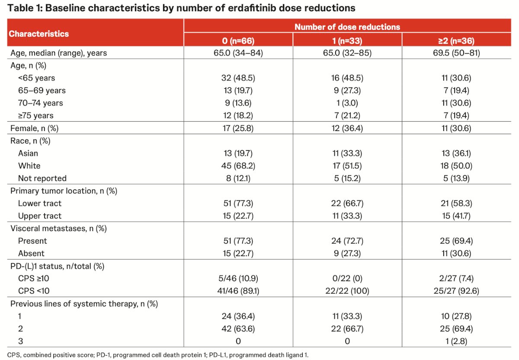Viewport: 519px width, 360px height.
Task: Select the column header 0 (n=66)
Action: click(238, 41)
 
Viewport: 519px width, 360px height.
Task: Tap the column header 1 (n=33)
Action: click(347, 41)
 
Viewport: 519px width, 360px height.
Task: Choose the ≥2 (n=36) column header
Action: click(456, 41)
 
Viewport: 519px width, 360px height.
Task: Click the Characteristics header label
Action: click(38, 34)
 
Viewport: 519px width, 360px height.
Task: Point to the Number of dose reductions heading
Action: click(347, 27)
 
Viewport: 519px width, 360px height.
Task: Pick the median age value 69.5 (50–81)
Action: click(456, 53)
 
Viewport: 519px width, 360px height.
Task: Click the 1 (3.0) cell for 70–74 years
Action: click(347, 103)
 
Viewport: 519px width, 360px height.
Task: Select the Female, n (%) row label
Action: click(34, 128)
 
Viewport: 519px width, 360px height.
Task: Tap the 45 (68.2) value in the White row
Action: click(238, 166)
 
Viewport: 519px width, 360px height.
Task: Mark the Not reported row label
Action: click(42, 178)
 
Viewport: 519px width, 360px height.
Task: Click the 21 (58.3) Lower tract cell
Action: click(456, 203)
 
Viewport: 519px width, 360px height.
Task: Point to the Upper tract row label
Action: click(40, 216)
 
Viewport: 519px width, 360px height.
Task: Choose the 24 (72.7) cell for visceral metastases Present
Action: click(347, 241)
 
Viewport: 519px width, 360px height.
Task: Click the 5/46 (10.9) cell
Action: click(238, 278)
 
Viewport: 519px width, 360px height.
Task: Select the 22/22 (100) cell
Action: click(347, 291)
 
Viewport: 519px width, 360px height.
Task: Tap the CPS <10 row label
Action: click(34, 291)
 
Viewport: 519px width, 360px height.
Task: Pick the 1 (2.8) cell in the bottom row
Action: click(456, 341)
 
